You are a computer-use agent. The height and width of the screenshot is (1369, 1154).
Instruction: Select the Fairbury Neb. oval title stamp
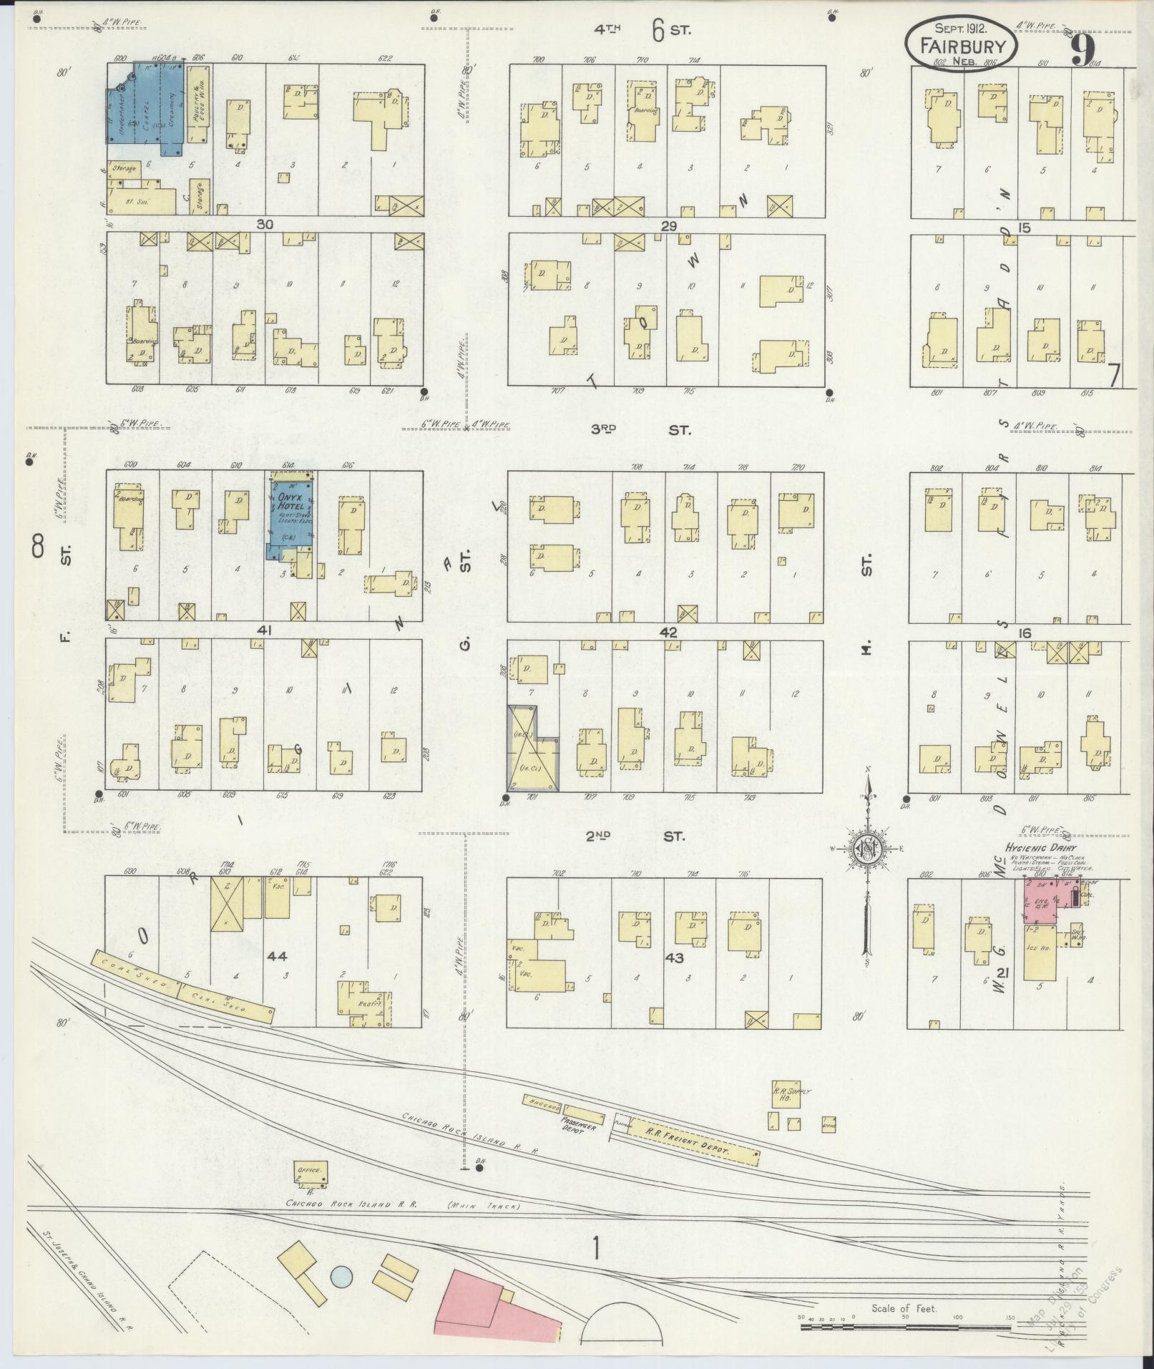tap(962, 43)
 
